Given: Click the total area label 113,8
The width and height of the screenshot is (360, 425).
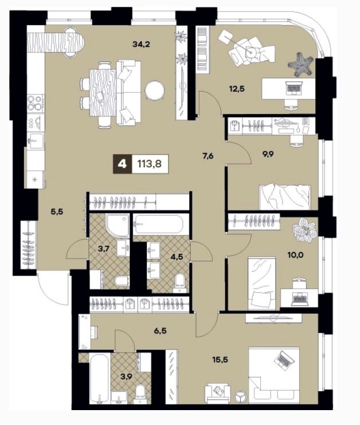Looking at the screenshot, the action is click(150, 164).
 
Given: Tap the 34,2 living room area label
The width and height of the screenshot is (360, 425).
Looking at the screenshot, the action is click(142, 44).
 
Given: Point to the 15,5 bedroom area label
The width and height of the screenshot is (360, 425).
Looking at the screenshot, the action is click(220, 360).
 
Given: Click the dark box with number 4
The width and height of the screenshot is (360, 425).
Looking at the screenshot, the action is click(123, 164).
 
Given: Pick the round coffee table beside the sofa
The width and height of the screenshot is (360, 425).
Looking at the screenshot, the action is click(155, 91).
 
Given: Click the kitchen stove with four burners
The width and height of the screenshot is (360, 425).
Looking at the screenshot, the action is click(36, 103).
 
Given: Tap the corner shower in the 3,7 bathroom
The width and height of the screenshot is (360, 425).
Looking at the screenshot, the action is click(118, 225).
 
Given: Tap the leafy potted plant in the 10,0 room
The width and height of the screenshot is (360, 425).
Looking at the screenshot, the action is click(304, 230).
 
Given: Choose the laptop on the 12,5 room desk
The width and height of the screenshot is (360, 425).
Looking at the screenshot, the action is click(294, 88).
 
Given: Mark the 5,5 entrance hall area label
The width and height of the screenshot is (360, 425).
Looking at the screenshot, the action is click(57, 212).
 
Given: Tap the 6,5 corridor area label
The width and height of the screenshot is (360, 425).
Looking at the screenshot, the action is click(160, 330).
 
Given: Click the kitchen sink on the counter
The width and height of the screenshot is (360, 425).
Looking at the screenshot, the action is click(36, 141).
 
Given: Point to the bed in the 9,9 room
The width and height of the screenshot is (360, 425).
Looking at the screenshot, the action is click(285, 197).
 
